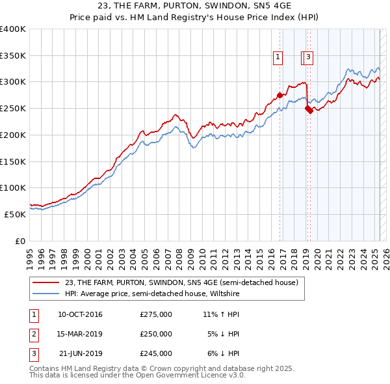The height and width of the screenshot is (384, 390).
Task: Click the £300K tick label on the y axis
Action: [13, 82]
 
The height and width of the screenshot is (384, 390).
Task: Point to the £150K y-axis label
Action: [13, 161]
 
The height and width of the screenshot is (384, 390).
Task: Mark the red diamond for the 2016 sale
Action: [280, 95]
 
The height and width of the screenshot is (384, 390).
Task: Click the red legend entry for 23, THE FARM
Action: [181, 282]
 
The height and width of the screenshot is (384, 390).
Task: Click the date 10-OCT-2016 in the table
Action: [80, 314]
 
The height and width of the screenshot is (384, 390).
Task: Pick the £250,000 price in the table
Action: [156, 334]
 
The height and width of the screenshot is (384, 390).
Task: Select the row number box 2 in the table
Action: [32, 334]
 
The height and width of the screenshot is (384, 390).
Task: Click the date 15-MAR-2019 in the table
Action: [80, 334]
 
